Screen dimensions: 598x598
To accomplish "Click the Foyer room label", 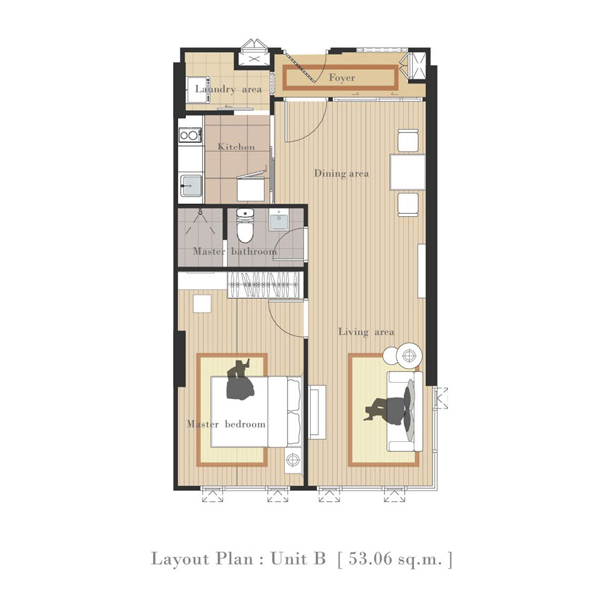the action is point(342,78).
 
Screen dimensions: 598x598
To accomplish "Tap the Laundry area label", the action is point(228,89).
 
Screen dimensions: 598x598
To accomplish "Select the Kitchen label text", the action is point(236,147).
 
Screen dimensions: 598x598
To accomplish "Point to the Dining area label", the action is point(341,173).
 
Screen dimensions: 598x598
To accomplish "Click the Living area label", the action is point(366,332).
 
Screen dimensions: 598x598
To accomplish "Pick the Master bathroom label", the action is point(235,252).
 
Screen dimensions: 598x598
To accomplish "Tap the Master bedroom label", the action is point(226,424).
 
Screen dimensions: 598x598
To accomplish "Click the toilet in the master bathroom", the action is point(245,226).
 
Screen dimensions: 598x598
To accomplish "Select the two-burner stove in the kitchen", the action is point(190,135).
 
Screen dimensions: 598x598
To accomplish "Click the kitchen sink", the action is point(191,185).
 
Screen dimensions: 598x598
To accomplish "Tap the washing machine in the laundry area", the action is point(198,90).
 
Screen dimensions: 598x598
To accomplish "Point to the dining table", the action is point(407,172).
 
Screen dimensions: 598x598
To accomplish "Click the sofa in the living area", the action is point(405,412).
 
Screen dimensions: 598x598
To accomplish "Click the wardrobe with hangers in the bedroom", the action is point(265,284).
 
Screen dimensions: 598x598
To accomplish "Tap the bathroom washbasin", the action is point(280,220).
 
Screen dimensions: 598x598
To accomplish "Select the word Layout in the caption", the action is point(180,559).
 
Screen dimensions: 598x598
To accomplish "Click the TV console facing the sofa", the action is point(317,412).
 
